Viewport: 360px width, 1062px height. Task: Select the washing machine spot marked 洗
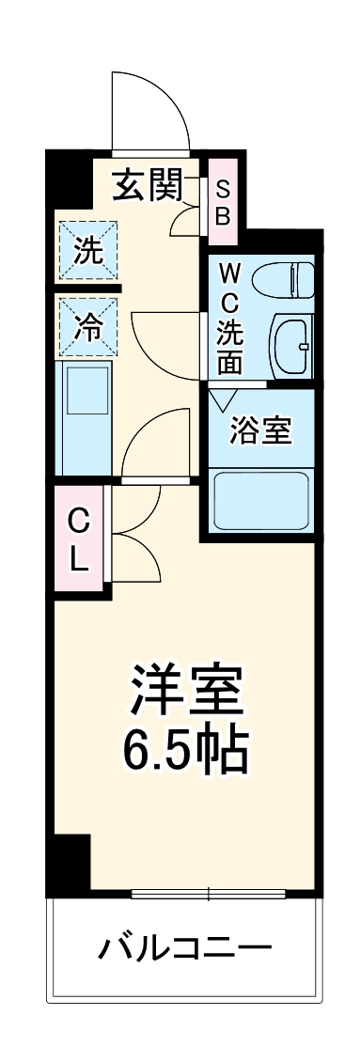click(x=87, y=250)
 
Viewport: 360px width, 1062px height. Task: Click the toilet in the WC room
click(x=296, y=279)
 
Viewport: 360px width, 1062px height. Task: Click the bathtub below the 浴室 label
click(x=262, y=499)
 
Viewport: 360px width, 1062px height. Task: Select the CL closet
click(x=80, y=539)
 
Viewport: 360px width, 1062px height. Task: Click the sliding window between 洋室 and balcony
click(x=207, y=892)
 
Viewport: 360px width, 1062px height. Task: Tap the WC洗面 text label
click(x=231, y=318)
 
